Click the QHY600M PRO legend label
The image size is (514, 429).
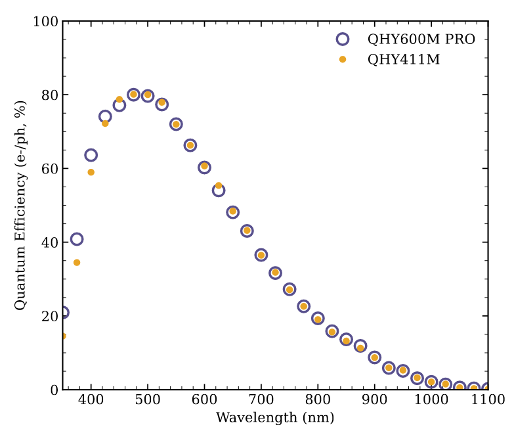421,39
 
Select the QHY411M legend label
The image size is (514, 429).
403,60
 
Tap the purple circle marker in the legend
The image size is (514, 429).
342,39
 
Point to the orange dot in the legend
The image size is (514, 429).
342,60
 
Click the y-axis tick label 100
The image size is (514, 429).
45,22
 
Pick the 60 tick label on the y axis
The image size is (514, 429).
49,169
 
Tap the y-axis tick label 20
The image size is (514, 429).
49,316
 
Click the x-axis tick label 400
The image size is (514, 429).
91,400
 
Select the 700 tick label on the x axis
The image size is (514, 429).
261,400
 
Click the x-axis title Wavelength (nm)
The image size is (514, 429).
275,418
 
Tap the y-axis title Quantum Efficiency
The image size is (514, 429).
20,205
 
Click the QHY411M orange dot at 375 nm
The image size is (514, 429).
77,263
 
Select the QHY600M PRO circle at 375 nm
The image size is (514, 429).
77,239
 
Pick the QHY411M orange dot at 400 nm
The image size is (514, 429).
91,172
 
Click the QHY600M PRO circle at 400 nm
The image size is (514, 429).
91,155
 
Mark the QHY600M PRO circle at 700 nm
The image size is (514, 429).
261,255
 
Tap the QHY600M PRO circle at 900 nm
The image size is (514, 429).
375,357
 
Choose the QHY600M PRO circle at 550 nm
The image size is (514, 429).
176,124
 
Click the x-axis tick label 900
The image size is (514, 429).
375,400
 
